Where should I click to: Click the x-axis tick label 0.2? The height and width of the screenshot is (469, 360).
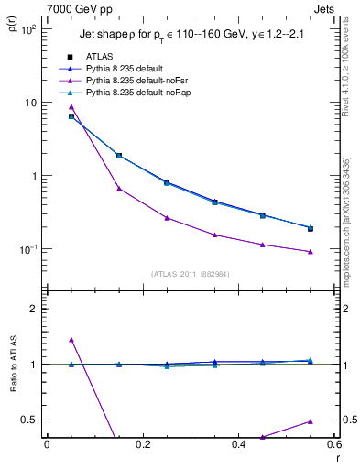tap(142, 444)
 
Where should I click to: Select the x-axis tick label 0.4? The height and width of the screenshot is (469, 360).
tap(238, 444)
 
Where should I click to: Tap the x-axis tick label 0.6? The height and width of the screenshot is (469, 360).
tap(334, 444)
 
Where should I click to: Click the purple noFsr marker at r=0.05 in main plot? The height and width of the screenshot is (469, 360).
tap(71, 107)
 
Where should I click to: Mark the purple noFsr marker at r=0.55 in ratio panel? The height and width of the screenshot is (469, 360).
tap(311, 421)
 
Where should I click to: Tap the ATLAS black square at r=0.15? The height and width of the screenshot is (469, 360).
tap(119, 156)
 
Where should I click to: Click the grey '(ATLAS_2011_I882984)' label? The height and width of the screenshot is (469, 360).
tap(190, 274)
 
